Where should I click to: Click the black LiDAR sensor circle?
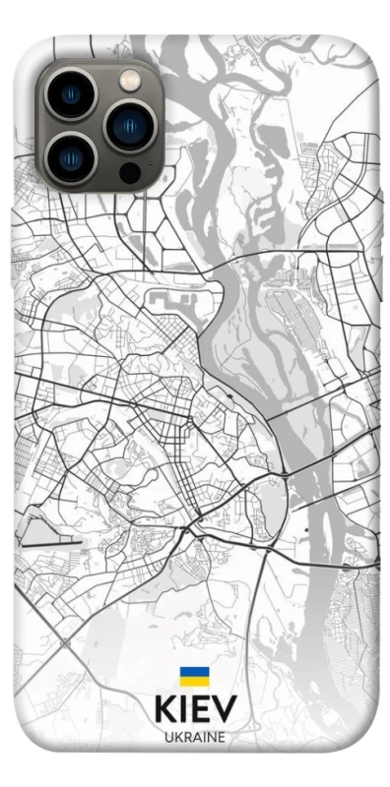(x=129, y=171)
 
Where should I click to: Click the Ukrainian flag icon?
(x=193, y=677)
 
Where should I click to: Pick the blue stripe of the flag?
(x=193, y=673)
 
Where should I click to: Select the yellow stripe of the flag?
(x=193, y=681)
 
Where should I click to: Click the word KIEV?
(x=195, y=709)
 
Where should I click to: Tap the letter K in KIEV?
(x=165, y=709)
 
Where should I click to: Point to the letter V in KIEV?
(x=226, y=709)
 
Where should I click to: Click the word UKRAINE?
(x=195, y=737)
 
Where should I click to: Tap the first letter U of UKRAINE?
(x=168, y=737)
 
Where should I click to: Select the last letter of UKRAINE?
(x=222, y=737)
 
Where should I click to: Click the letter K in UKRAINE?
(x=177, y=737)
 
